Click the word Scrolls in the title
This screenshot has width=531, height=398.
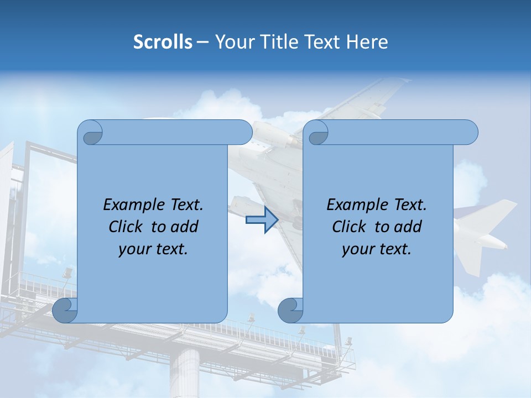point(163,42)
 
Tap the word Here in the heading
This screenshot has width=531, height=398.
point(367,42)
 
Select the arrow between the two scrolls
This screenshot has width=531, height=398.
point(262,220)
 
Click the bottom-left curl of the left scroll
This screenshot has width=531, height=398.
point(65,310)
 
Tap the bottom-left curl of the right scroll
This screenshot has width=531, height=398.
point(290,310)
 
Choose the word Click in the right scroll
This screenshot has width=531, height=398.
point(349,227)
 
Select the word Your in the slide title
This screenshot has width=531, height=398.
point(233,42)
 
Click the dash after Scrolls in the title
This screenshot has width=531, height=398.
point(202,42)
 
